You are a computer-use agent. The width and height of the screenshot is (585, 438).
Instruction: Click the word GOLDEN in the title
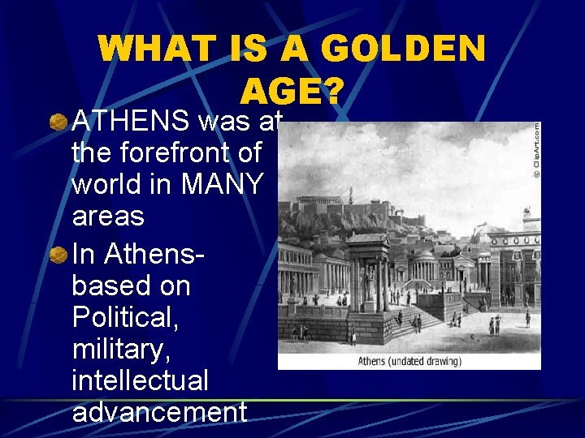pos(403,50)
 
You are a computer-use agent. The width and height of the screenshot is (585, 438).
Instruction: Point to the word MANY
pos(222,184)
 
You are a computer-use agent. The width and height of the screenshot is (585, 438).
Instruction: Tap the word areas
pos(107,217)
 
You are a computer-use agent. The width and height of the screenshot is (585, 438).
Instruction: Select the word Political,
pos(126,317)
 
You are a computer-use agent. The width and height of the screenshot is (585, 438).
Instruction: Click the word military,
pos(117,349)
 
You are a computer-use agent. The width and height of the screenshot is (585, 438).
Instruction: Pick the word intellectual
pos(140,380)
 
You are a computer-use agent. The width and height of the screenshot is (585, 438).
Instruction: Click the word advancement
pos(158,411)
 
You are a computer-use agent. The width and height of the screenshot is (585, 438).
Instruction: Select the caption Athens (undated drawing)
pos(409,361)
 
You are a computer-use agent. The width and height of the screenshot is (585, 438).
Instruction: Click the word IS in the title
pos(272,50)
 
